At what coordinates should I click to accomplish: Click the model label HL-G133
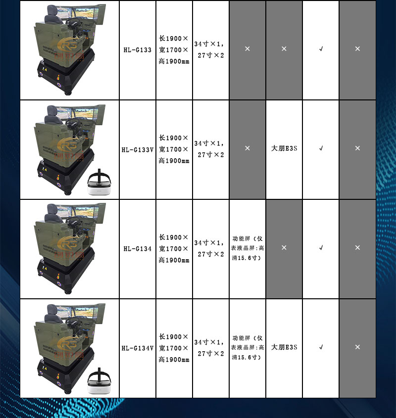pyautogui.click(x=138, y=50)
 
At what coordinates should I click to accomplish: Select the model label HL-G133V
pyautogui.click(x=138, y=150)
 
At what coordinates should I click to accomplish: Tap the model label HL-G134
pyautogui.click(x=138, y=249)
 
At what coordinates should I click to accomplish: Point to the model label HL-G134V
pyautogui.click(x=138, y=348)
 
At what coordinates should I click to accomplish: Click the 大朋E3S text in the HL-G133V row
pyautogui.click(x=284, y=148)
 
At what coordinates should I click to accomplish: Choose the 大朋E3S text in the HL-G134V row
pyautogui.click(x=284, y=347)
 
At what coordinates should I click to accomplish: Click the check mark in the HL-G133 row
pyautogui.click(x=321, y=49)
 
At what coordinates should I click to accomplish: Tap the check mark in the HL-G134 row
pyautogui.click(x=321, y=248)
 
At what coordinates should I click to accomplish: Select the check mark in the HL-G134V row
pyautogui.click(x=321, y=347)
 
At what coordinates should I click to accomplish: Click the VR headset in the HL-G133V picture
pyautogui.click(x=99, y=183)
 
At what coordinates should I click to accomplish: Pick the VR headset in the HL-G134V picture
pyautogui.click(x=99, y=381)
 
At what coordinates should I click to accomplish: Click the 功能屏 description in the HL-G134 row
pyautogui.click(x=247, y=248)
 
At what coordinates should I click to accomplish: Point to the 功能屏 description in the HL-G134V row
pyautogui.click(x=247, y=347)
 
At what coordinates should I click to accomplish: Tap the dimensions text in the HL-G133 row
pyautogui.click(x=174, y=50)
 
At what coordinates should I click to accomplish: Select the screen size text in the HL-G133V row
pyautogui.click(x=209, y=149)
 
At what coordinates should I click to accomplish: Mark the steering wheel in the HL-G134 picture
pyautogui.click(x=74, y=222)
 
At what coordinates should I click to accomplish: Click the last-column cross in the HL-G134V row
pyautogui.click(x=357, y=347)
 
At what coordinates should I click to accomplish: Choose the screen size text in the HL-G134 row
pyautogui.click(x=209, y=248)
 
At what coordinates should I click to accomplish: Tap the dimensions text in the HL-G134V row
pyautogui.click(x=174, y=348)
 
